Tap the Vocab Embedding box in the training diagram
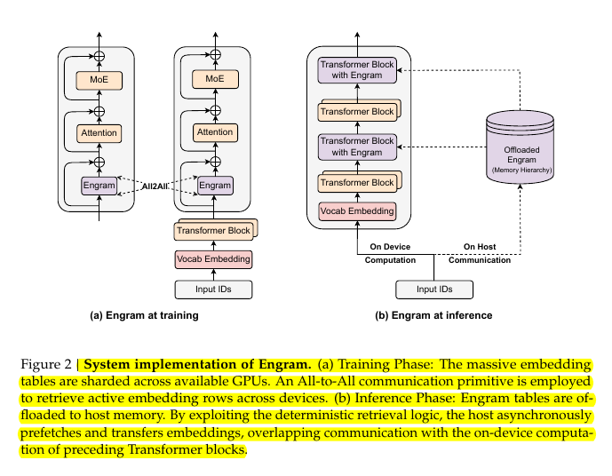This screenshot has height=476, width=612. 214,259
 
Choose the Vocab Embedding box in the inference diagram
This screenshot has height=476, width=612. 357,212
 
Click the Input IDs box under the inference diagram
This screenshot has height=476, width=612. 433,290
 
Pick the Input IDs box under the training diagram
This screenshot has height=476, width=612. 214,290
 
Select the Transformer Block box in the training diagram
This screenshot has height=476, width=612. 213,231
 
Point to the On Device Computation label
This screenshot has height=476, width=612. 389,253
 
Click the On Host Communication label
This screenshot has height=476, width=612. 480,253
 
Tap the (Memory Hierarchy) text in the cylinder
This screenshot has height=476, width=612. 521,168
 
